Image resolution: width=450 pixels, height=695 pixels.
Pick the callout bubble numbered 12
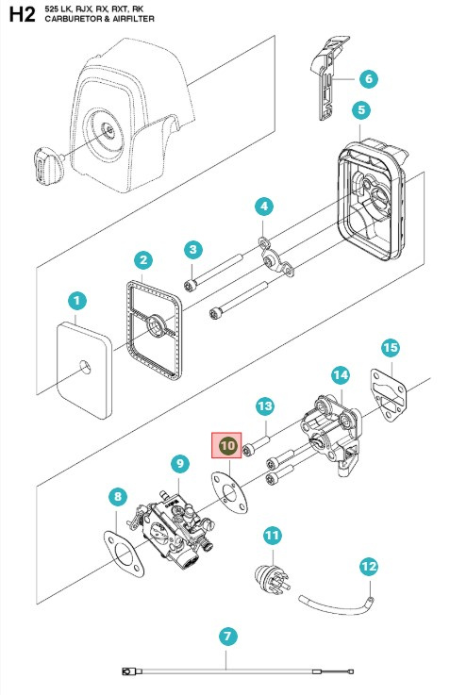pos(368,567)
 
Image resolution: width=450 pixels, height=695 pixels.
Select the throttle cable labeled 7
pos(236,671)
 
